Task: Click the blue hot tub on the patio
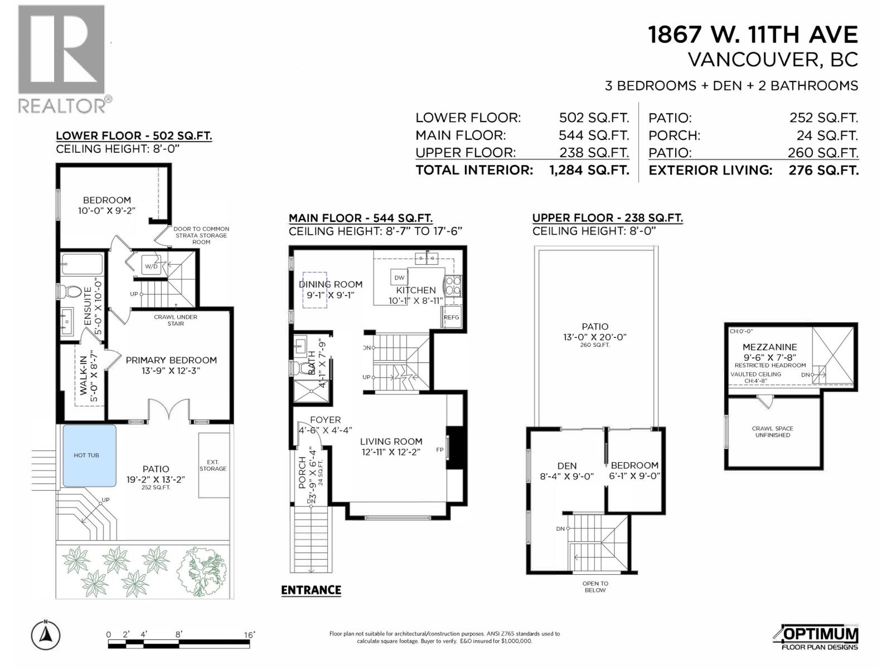click(x=89, y=455)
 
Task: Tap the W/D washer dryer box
click(x=152, y=266)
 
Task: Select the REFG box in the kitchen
click(x=452, y=317)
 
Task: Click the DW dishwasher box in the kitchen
click(x=399, y=278)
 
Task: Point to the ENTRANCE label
click(x=311, y=590)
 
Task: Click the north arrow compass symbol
click(x=46, y=634)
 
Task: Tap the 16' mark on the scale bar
click(x=249, y=635)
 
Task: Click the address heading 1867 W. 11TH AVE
click(x=753, y=35)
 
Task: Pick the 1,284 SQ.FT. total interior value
click(x=589, y=170)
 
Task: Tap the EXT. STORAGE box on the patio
click(x=214, y=466)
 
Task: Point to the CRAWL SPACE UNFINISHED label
click(x=772, y=432)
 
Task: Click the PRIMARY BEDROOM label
click(x=171, y=360)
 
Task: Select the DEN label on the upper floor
click(x=567, y=466)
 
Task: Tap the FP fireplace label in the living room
click(x=440, y=449)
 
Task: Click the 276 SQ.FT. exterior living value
click(x=823, y=170)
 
